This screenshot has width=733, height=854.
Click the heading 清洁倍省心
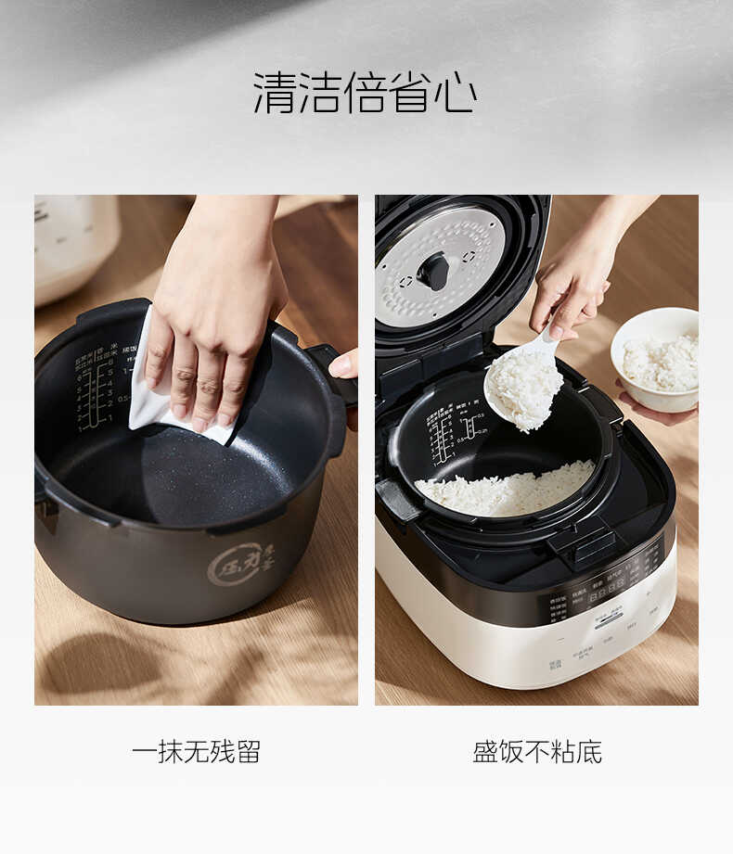point(366,94)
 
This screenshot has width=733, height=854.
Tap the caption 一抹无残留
point(196,751)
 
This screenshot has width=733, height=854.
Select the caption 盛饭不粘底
point(537,751)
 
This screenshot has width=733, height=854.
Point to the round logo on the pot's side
point(239,563)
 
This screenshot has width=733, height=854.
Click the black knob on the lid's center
point(433,271)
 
